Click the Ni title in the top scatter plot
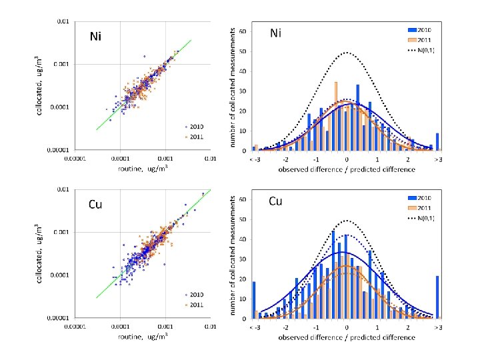(x=96, y=37)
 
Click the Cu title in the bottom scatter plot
(x=97, y=204)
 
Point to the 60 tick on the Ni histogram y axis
(x=244, y=31)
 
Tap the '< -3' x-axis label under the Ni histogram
(x=254, y=160)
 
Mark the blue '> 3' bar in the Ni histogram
(x=437, y=141)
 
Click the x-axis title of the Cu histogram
(x=347, y=337)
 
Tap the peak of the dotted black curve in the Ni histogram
(x=347, y=52)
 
